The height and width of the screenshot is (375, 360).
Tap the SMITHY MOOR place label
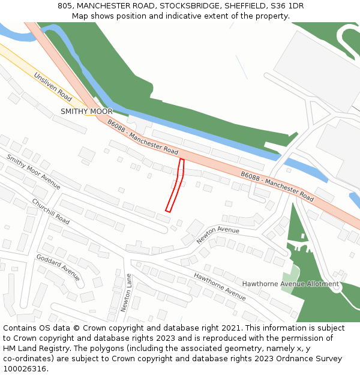click(x=86, y=112)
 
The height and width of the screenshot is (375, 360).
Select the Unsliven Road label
click(x=53, y=87)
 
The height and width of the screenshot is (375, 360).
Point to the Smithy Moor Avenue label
click(x=34, y=172)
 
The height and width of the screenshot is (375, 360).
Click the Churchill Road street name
click(x=50, y=211)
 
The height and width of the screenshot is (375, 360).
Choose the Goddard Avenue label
click(x=58, y=267)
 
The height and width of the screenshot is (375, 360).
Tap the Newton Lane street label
click(x=125, y=292)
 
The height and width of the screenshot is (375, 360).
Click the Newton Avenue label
click(x=218, y=235)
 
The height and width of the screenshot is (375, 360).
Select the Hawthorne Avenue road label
click(x=220, y=286)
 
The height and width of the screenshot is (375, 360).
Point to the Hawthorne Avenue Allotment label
click(x=290, y=284)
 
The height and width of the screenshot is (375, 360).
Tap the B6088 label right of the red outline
click(x=277, y=186)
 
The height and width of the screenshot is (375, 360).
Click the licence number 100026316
click(x=25, y=369)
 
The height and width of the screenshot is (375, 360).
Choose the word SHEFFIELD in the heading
click(x=247, y=6)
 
